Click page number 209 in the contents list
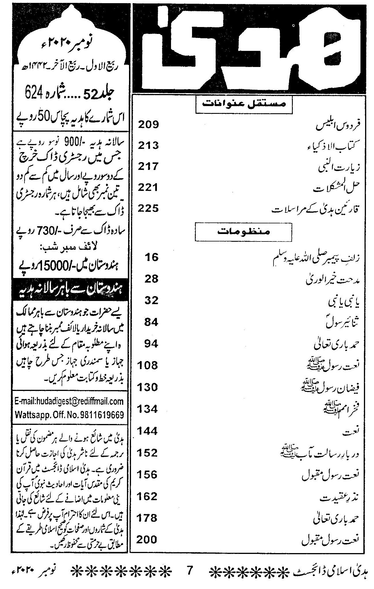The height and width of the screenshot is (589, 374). point(148,125)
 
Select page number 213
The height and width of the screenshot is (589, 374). point(148,146)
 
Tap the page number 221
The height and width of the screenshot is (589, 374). point(148,187)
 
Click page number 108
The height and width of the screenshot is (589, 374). point(148,365)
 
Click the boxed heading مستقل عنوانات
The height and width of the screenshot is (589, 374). point(244,105)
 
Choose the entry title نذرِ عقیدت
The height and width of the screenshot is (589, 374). point(335,497)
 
